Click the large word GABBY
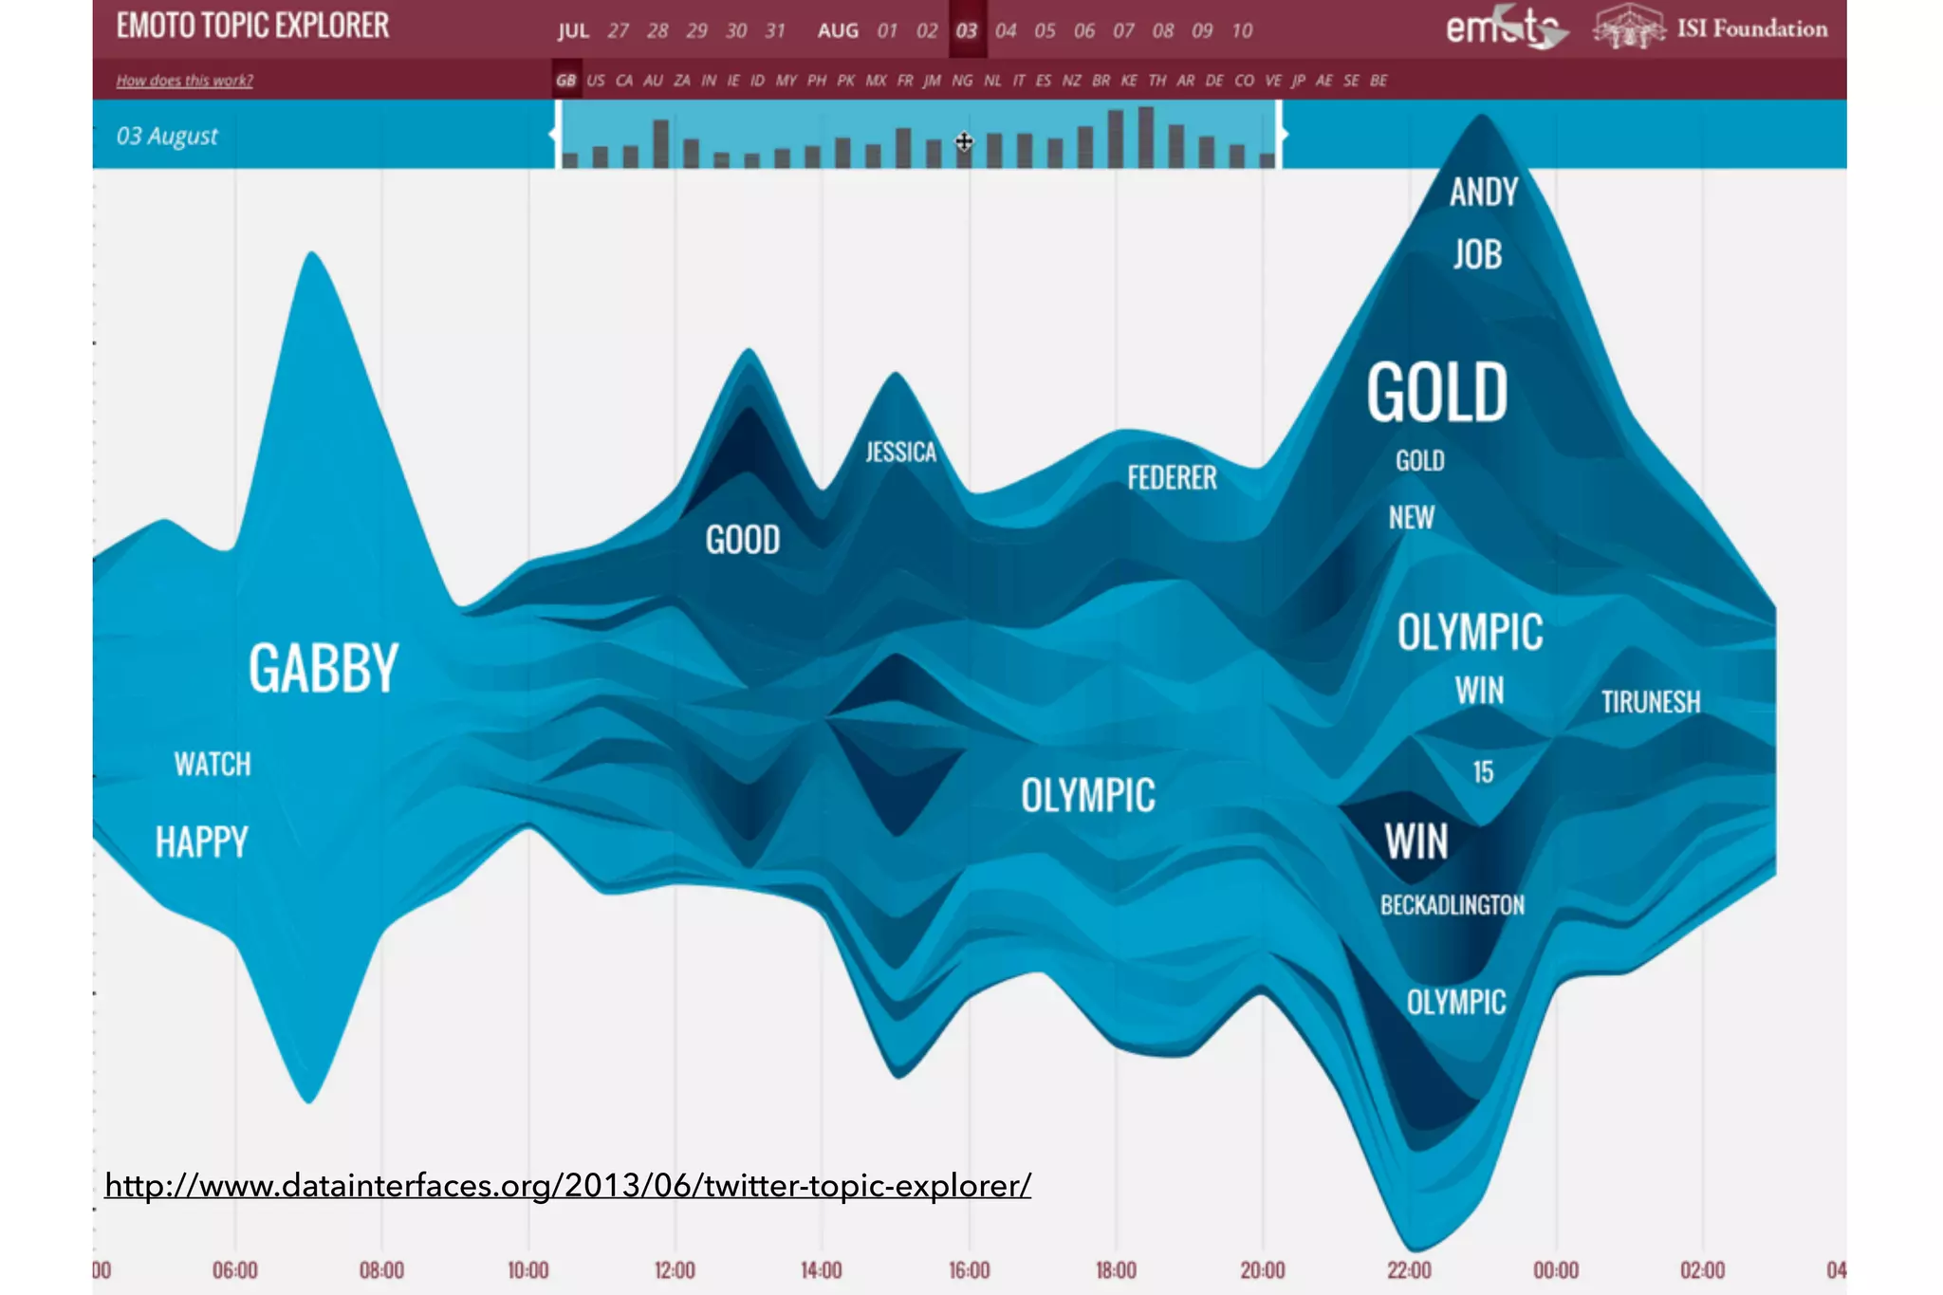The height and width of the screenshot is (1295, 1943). click(x=324, y=668)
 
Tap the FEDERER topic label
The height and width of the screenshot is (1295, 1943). click(x=1172, y=477)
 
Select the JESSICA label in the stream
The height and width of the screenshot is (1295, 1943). click(x=900, y=452)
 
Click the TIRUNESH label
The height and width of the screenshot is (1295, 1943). click(x=1651, y=702)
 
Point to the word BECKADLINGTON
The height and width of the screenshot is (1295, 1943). click(x=1452, y=905)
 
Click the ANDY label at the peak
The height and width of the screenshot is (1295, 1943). click(x=1484, y=193)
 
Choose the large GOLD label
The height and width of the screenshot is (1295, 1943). click(x=1436, y=393)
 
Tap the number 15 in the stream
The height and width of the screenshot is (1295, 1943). click(x=1483, y=772)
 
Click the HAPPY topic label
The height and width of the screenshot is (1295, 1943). click(x=201, y=842)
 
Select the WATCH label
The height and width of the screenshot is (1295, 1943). click(x=213, y=765)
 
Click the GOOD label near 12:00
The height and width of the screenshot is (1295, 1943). click(x=743, y=540)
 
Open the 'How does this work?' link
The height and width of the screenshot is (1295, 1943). click(x=184, y=81)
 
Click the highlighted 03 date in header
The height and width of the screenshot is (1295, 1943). click(x=966, y=30)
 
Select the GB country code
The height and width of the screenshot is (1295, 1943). click(x=565, y=81)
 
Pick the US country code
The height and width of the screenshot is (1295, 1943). click(x=596, y=81)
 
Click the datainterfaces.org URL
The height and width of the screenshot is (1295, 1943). click(x=567, y=1185)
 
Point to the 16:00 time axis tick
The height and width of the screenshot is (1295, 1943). click(x=969, y=1269)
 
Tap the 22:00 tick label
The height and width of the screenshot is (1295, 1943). click(x=1409, y=1269)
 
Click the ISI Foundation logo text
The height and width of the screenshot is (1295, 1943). click(x=1751, y=28)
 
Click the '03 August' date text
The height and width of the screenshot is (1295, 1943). click(x=167, y=137)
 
